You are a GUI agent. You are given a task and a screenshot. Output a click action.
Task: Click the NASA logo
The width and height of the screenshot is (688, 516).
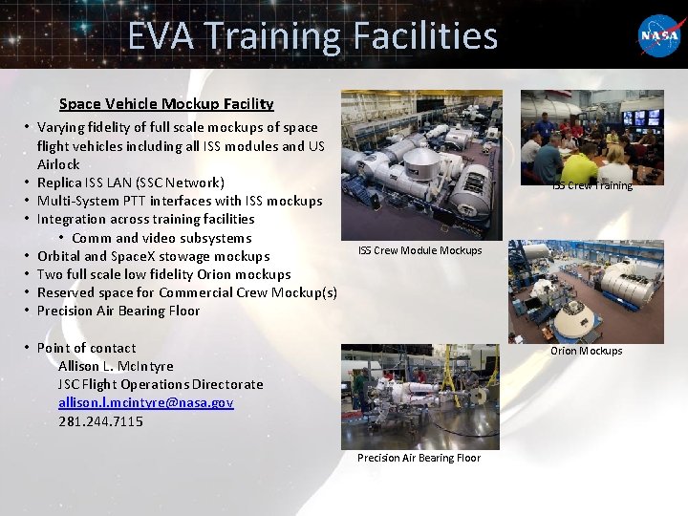pyautogui.click(x=659, y=37)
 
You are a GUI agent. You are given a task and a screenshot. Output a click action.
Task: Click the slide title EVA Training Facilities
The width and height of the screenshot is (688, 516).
pyautogui.click(x=312, y=37)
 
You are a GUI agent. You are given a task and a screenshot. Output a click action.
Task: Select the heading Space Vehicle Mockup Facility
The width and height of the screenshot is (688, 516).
pyautogui.click(x=166, y=103)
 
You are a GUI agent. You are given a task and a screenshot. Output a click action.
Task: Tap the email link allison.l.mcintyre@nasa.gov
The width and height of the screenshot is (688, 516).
pyautogui.click(x=145, y=402)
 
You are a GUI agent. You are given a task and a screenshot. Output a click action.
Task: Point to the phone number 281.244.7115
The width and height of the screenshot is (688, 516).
pyautogui.click(x=101, y=420)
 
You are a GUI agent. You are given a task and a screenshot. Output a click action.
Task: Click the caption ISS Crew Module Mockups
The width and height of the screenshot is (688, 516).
pyautogui.click(x=419, y=250)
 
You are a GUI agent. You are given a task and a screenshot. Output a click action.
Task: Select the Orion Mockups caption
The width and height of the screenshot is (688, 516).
pyautogui.click(x=586, y=351)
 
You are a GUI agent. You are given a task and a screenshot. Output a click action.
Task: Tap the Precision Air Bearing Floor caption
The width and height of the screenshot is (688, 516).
pyautogui.click(x=419, y=458)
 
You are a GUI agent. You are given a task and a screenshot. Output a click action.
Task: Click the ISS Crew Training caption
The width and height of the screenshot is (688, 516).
pyautogui.click(x=592, y=185)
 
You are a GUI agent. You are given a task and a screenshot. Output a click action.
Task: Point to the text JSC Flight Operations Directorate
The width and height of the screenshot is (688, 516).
pyautogui.click(x=161, y=384)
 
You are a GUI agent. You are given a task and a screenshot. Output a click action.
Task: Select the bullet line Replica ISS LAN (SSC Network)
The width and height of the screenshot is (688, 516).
pyautogui.click(x=131, y=183)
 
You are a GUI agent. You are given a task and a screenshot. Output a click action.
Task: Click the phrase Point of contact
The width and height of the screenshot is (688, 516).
pyautogui.click(x=86, y=348)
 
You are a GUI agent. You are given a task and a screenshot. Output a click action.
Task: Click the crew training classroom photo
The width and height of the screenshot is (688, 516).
pyautogui.click(x=591, y=138)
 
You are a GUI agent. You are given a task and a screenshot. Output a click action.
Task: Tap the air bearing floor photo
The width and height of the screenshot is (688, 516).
pyautogui.click(x=419, y=394)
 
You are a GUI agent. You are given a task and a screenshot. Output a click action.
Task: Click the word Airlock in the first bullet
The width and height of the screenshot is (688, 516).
pyautogui.click(x=59, y=164)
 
